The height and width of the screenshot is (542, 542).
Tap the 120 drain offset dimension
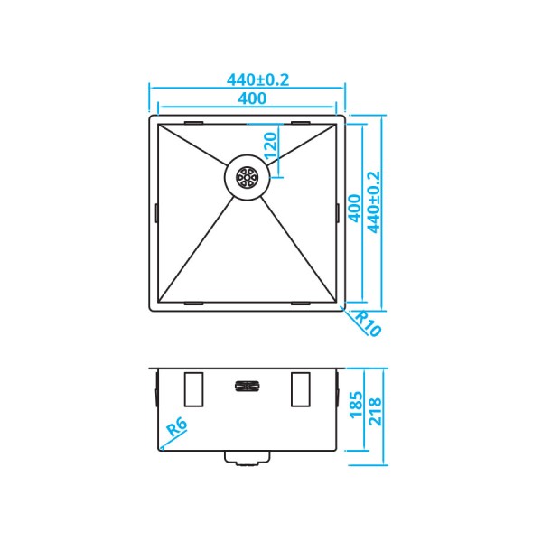click(269, 144)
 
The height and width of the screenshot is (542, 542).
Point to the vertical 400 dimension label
click(354, 209)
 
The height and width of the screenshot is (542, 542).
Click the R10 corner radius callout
click(365, 322)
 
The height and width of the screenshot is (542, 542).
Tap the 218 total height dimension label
click(373, 414)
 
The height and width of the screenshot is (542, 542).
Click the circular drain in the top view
click(247, 176)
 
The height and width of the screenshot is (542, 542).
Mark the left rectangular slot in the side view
click(193, 388)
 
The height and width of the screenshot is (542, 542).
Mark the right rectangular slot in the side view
click(301, 388)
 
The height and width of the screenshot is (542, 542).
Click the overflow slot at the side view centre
click(247, 386)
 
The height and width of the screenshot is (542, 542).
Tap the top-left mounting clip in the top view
click(194, 122)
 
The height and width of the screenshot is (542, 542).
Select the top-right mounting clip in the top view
click(301, 122)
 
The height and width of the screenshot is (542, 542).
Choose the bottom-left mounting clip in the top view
click(194, 303)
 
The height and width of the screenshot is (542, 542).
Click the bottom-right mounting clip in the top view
click(301, 303)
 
